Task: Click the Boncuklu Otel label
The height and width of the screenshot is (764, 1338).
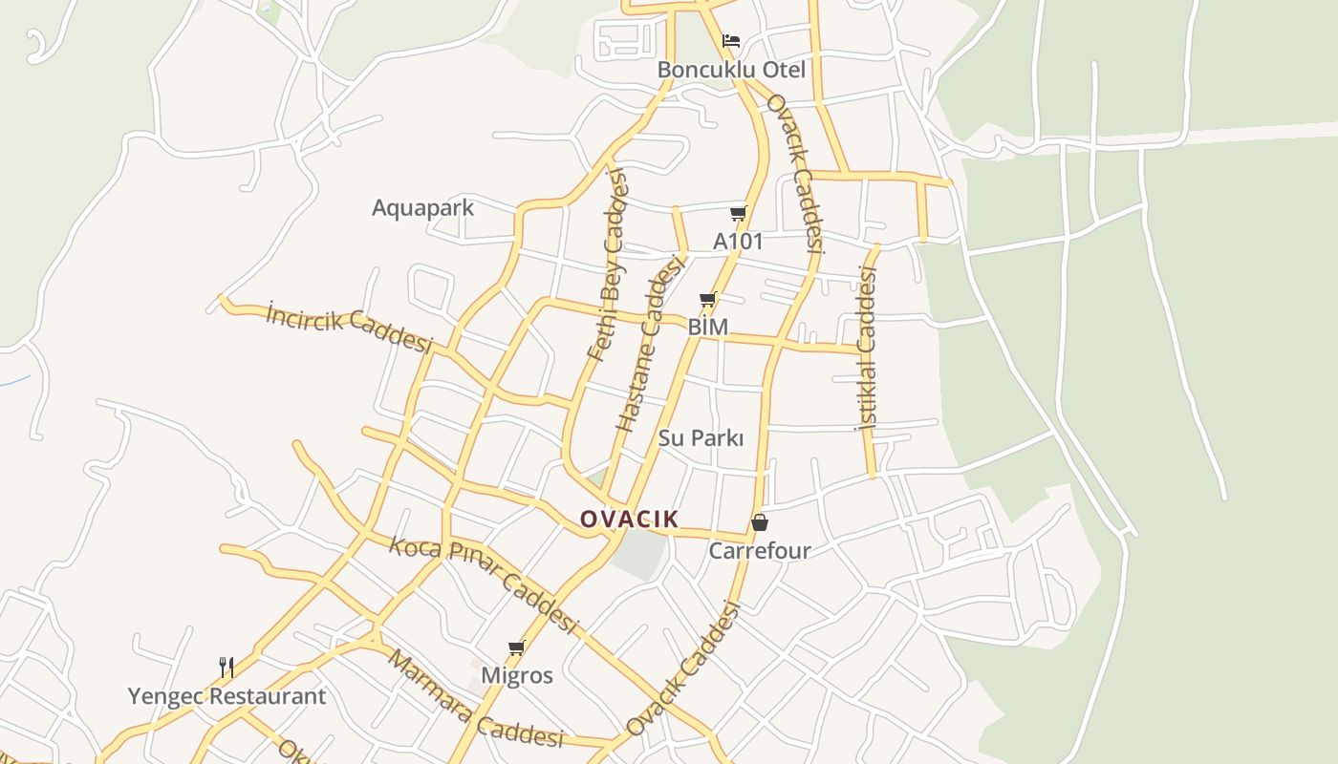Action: coord(731,70)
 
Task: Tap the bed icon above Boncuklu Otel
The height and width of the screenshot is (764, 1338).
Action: coord(731,41)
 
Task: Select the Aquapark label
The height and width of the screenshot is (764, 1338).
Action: coord(422,207)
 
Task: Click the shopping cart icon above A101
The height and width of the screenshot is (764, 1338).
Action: coord(738,213)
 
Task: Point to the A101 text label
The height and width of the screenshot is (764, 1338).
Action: coord(738,242)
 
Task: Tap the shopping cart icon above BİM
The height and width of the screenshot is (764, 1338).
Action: coord(708,299)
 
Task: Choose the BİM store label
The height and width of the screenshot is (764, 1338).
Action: coord(708,328)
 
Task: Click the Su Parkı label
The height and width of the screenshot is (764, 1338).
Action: coord(701,438)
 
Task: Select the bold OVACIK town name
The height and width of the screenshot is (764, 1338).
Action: coord(629,520)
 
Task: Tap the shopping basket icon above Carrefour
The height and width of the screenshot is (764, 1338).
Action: coord(760,522)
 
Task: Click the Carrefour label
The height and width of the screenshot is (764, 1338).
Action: coord(759,551)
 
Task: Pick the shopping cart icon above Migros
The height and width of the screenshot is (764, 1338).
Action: coord(517,648)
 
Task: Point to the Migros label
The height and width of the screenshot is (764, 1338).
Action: coord(516,676)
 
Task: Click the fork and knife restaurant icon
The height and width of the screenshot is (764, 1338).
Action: coord(227,667)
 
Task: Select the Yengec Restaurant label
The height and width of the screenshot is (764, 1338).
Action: coord(227,696)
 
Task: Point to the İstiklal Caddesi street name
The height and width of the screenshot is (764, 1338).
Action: coord(868,348)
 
